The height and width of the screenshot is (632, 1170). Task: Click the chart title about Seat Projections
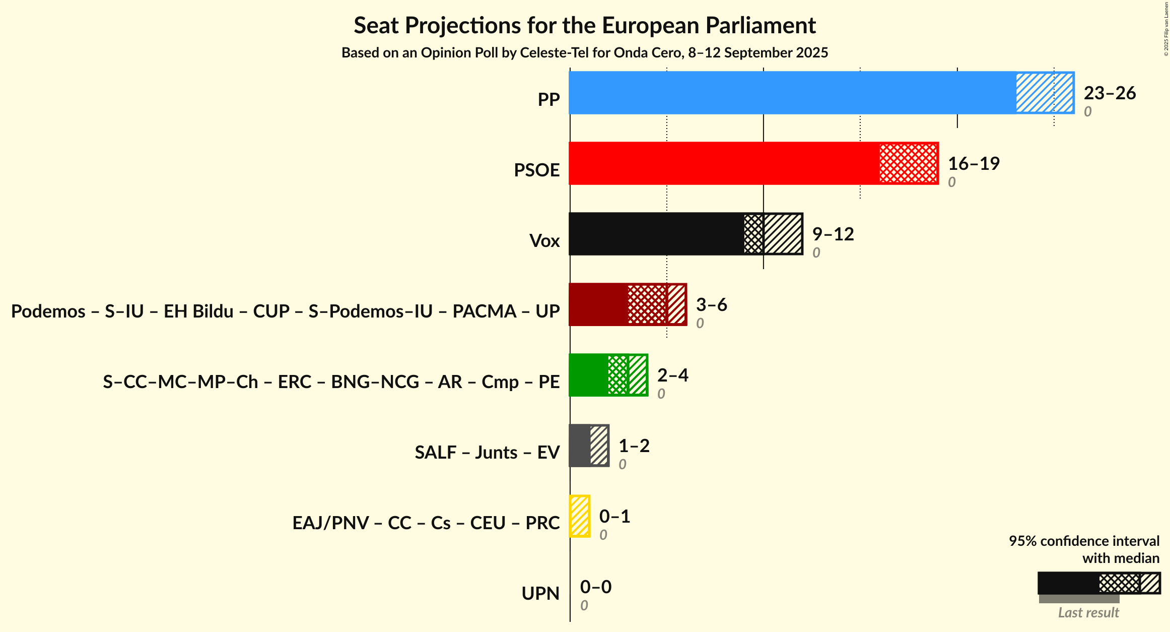pos(584,26)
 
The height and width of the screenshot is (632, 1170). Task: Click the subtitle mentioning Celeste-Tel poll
pos(584,53)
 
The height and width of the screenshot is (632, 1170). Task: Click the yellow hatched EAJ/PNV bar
pos(580,516)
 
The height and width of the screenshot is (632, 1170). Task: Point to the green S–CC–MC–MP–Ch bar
pos(588,375)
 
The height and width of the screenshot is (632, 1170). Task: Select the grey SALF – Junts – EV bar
pos(580,446)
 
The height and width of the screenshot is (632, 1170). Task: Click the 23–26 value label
pos(1110,93)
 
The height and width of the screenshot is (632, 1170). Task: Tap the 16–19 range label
pos(974,164)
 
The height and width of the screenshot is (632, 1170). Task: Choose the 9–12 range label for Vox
pos(833,234)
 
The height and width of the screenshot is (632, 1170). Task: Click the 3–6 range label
pos(711,305)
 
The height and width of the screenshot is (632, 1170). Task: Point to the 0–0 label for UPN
pos(595,587)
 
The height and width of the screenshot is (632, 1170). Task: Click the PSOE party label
pos(536,170)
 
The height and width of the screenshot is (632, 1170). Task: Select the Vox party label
pos(544,241)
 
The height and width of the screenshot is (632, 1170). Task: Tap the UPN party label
pos(540,594)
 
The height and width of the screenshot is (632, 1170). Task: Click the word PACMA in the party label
pos(484,311)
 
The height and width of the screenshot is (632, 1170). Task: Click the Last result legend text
pos(1088,613)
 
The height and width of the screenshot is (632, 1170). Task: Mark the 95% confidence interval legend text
pos(1084,541)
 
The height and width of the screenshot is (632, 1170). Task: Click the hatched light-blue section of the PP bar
pos(1044,93)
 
